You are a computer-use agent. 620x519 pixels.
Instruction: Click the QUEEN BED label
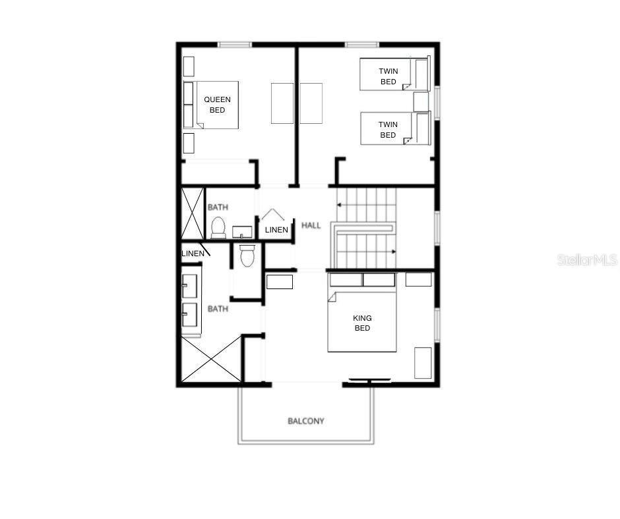pyautogui.click(x=217, y=105)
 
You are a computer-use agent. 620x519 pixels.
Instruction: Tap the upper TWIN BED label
pyautogui.click(x=388, y=76)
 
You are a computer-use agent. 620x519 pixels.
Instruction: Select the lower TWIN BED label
pyautogui.click(x=388, y=130)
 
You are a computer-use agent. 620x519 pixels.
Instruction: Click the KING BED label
pyautogui.click(x=362, y=323)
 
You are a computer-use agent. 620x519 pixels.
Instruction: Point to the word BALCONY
pyautogui.click(x=306, y=421)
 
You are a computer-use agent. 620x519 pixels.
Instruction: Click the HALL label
pyautogui.click(x=311, y=225)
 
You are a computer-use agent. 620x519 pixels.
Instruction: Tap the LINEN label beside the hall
pyautogui.click(x=276, y=230)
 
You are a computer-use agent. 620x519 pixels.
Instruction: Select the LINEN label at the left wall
pyautogui.click(x=193, y=254)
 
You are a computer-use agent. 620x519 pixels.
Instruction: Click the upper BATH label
pyautogui.click(x=218, y=207)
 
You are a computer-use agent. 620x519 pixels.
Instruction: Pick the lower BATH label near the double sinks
pyautogui.click(x=218, y=308)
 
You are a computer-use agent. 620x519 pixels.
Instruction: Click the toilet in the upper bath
pyautogui.click(x=218, y=228)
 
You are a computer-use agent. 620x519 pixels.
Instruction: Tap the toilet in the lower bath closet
pyautogui.click(x=247, y=256)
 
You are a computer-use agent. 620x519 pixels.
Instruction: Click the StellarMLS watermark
pyautogui.click(x=587, y=259)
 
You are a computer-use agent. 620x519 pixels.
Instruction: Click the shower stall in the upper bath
pyautogui.click(x=193, y=213)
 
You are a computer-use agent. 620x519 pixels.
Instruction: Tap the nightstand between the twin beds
pyautogui.click(x=421, y=102)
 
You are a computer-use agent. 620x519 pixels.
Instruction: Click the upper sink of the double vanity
pyautogui.click(x=189, y=285)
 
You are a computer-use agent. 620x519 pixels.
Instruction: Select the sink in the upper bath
pyautogui.click(x=242, y=232)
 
